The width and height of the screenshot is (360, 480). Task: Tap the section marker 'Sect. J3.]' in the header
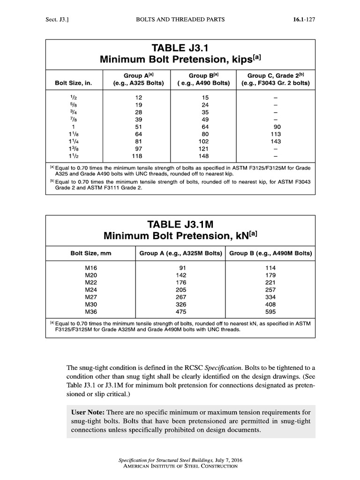tap(57, 19)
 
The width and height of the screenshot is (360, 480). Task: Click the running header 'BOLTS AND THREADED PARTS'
tap(180, 19)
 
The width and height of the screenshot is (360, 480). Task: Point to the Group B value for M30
tap(271, 304)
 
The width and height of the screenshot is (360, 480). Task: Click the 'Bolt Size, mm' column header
tap(91, 253)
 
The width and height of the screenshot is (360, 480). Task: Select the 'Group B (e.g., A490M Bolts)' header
tap(270, 253)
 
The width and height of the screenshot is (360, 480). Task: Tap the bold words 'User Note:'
tap(88, 412)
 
